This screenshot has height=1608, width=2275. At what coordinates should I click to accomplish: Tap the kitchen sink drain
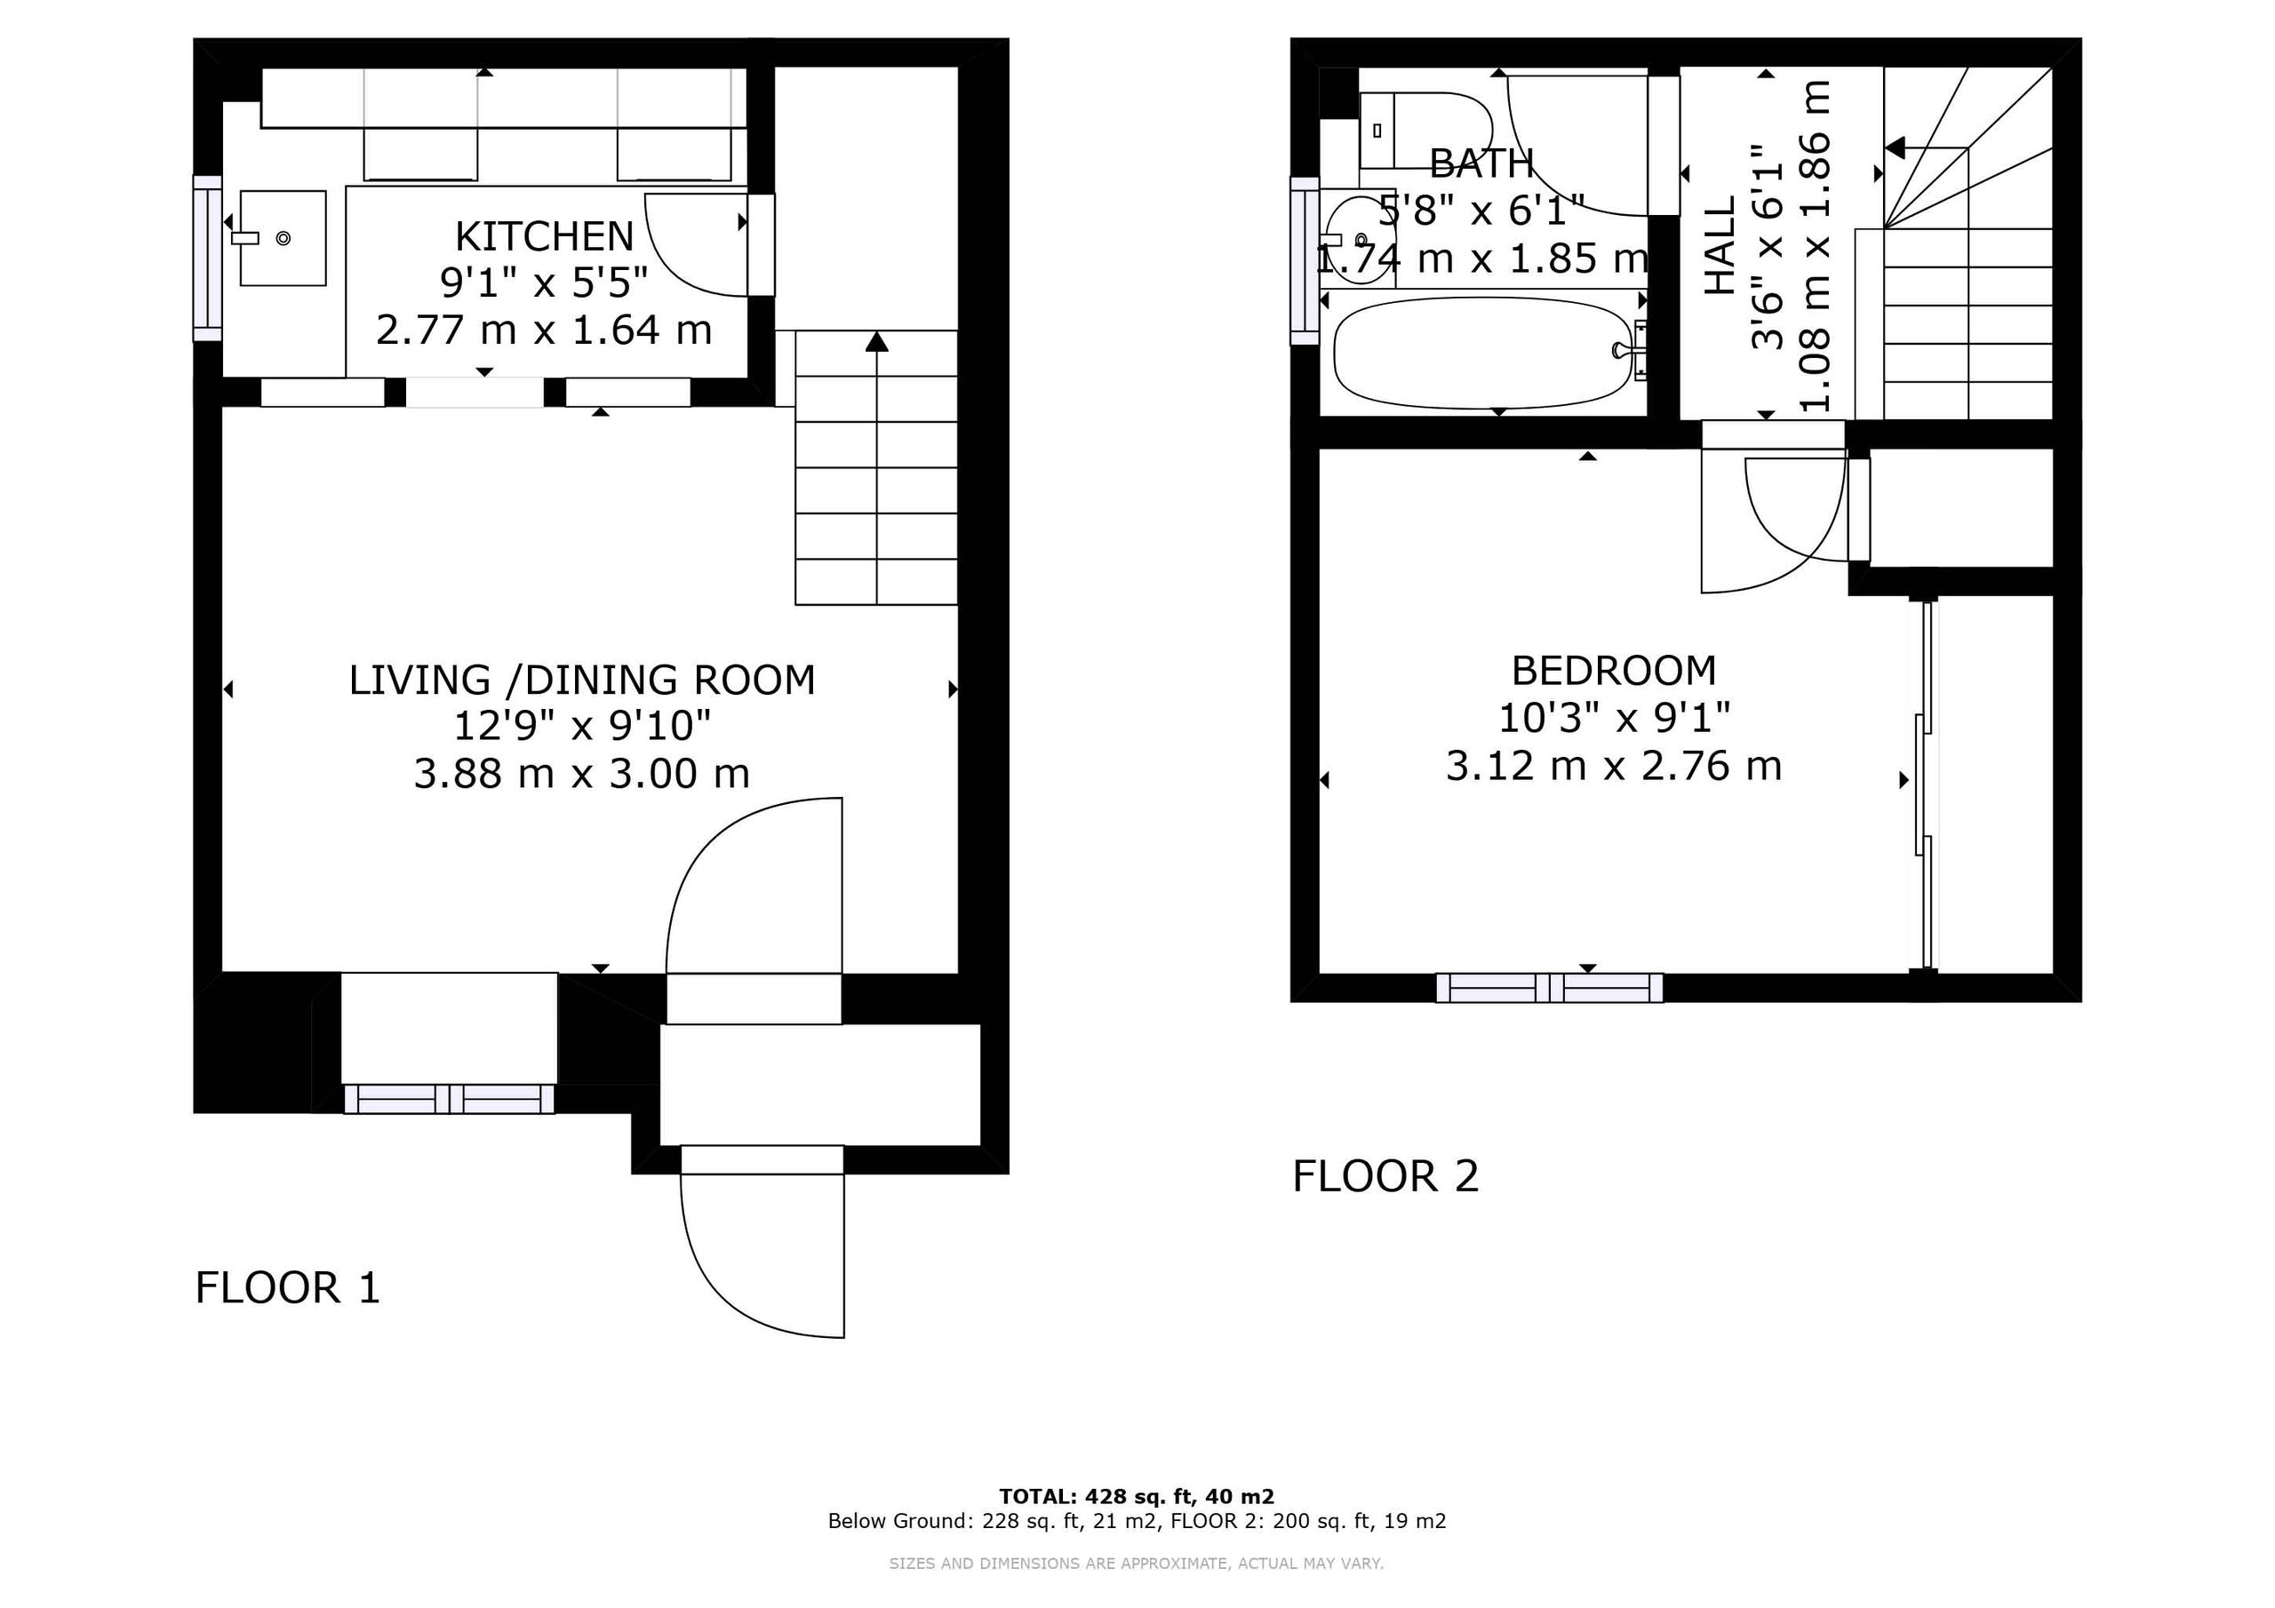283,238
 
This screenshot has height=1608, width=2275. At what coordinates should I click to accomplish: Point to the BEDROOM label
1613,671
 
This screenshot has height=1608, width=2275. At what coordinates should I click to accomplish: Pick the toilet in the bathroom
1425,130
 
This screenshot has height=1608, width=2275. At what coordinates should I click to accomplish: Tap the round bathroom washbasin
1356,241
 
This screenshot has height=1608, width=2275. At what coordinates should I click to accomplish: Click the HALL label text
1720,244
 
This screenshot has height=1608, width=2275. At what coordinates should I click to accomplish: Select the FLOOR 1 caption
287,1288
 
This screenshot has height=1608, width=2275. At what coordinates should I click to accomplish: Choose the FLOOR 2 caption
1385,1176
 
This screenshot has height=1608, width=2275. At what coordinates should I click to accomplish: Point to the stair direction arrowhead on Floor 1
876,342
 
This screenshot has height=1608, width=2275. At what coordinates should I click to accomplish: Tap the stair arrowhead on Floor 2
1895,148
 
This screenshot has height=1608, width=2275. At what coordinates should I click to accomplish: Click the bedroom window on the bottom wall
1550,988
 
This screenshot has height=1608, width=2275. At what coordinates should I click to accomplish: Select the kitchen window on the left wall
207,259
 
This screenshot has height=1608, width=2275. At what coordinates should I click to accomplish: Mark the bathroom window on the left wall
1305,260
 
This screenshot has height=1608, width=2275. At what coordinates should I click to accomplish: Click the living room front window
449,1099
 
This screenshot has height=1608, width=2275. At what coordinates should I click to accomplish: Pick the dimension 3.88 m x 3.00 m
581,774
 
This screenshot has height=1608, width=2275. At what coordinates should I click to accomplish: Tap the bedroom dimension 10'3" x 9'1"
1613,717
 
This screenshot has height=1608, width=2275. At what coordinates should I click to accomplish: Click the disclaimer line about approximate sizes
1137,1564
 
